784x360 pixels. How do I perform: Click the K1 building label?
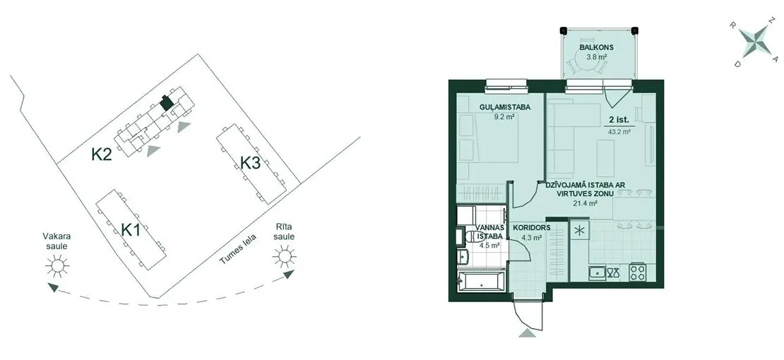[x=131, y=231]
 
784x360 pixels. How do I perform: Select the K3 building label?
[x=250, y=163]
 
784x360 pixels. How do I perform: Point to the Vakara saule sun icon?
[x=57, y=266]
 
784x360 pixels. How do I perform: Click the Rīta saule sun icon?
[x=284, y=256]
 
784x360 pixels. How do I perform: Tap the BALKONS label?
[x=596, y=48]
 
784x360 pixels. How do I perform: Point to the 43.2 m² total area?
[x=619, y=132]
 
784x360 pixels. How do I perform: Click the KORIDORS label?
[x=532, y=227]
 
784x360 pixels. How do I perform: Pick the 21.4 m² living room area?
[x=585, y=203]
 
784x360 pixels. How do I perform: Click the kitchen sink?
[x=596, y=273]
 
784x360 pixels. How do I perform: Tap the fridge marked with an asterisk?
[x=579, y=231]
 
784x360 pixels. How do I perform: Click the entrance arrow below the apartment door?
[x=527, y=333]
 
